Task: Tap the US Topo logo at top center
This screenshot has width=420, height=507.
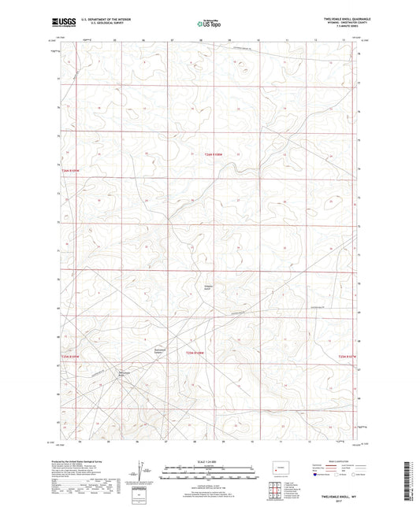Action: (x=210, y=24)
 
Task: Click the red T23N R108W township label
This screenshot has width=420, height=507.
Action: (x=195, y=353)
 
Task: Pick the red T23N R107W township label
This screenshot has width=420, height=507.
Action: (x=347, y=357)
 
